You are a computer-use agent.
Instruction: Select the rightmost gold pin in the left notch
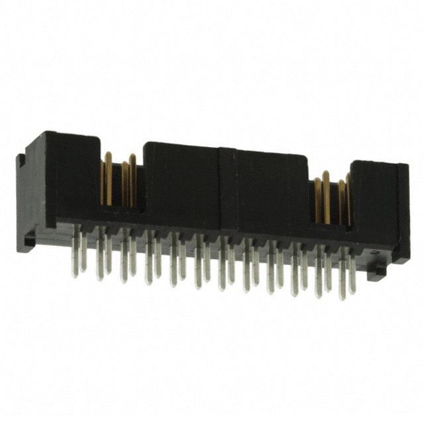(x=132, y=180)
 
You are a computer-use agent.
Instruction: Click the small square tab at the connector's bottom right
(x=378, y=270)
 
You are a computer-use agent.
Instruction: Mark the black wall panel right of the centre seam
(x=272, y=192)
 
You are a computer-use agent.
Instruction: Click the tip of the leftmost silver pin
(x=75, y=275)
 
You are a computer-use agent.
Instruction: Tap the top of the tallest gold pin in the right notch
(x=325, y=174)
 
